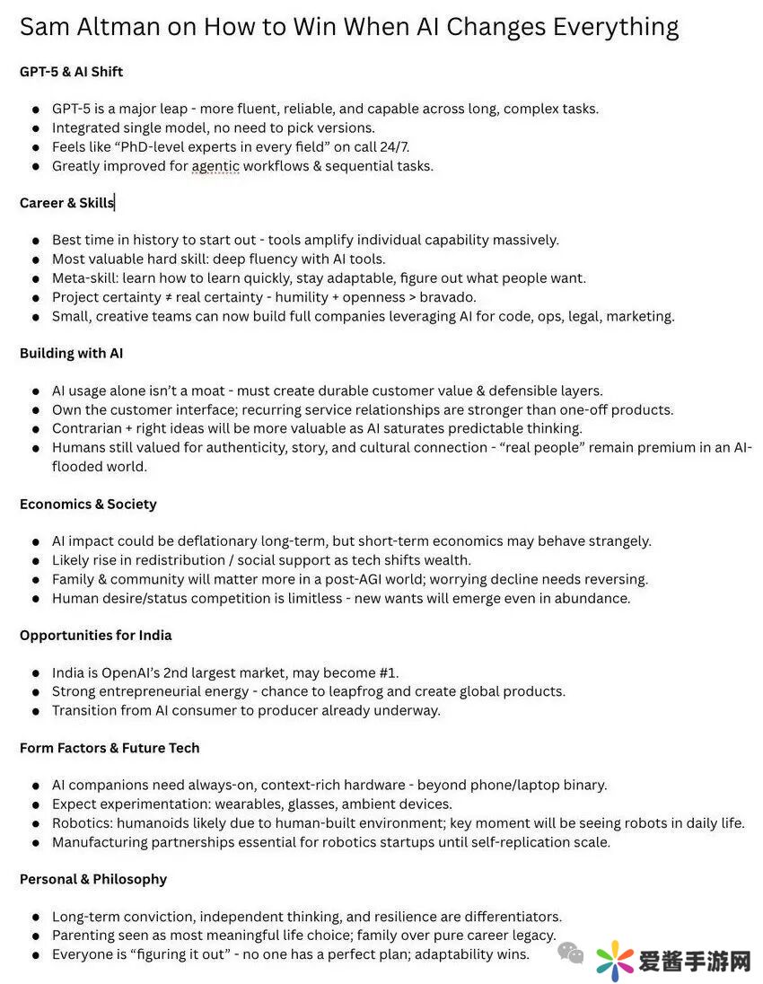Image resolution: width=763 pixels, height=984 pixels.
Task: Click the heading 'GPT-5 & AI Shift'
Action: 72,71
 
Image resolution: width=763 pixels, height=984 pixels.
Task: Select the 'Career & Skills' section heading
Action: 66,203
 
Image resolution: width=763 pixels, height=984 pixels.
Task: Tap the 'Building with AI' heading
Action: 71,353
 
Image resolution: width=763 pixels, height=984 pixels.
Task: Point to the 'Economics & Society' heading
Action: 88,504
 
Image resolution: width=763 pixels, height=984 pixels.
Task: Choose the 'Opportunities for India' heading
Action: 95,635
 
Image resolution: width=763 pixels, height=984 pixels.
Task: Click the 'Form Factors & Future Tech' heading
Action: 110,748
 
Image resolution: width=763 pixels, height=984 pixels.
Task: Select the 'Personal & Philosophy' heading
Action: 93,879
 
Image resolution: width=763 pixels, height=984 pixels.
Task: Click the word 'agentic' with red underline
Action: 215,166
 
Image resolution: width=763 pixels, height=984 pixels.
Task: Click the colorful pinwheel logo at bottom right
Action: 614,962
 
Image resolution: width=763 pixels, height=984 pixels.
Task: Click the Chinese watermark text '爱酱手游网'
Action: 695,962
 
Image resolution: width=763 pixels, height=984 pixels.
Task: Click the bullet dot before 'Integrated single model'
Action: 35,128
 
